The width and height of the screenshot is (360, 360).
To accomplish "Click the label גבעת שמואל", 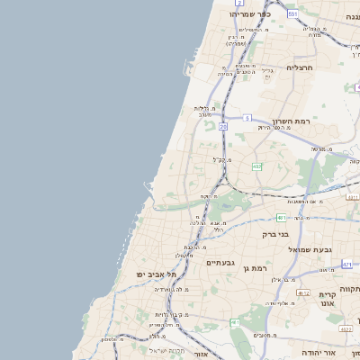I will click(x=310, y=248).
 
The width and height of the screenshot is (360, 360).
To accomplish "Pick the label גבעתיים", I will click(x=220, y=263).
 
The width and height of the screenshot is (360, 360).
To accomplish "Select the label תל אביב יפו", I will click(x=153, y=273).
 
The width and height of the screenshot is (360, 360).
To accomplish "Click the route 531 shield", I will click(x=292, y=14).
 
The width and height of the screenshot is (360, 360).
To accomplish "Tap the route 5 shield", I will click(x=247, y=117).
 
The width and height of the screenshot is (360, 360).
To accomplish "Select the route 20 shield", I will click(x=222, y=127).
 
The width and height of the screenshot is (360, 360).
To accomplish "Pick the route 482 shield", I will click(x=257, y=166).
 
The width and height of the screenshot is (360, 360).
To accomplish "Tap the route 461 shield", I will click(x=235, y=321).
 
